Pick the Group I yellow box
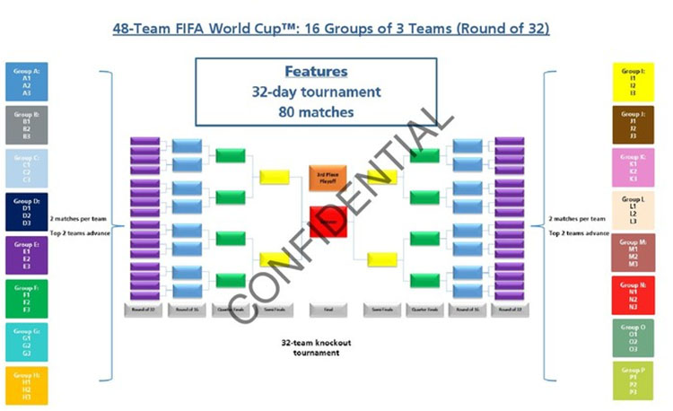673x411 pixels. point(633,81)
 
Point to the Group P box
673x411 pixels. point(633,380)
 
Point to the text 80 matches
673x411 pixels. point(316,112)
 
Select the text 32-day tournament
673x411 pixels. point(316,92)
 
